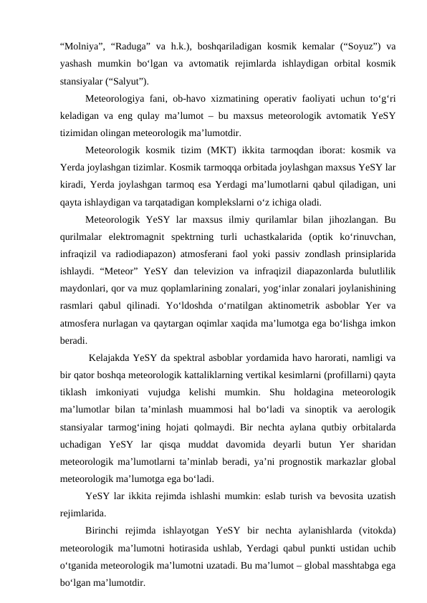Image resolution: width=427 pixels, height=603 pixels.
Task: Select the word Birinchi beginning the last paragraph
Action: pos(104,531)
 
